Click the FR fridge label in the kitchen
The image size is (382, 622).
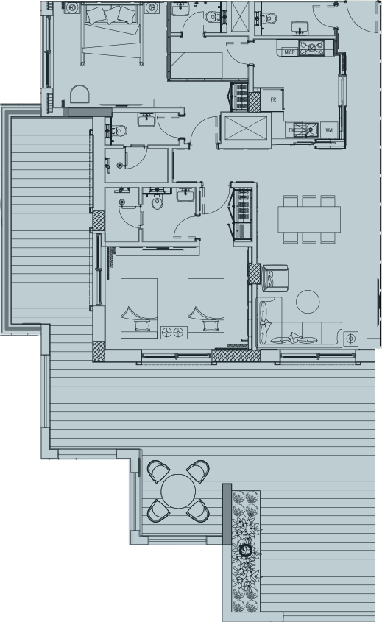(273, 99)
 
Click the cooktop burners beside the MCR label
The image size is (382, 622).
(314, 49)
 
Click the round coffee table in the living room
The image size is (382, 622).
(308, 300)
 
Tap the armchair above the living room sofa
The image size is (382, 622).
(275, 278)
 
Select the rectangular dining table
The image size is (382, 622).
(308, 219)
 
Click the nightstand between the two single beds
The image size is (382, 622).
(171, 332)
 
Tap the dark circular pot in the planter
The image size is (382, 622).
(247, 549)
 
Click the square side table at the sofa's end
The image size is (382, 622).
(351, 338)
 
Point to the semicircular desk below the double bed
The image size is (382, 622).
(78, 93)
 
